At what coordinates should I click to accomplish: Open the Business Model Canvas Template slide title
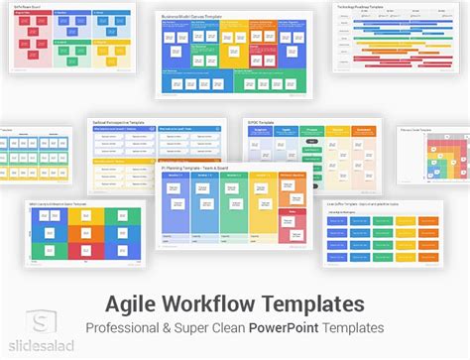coord(194,19)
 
